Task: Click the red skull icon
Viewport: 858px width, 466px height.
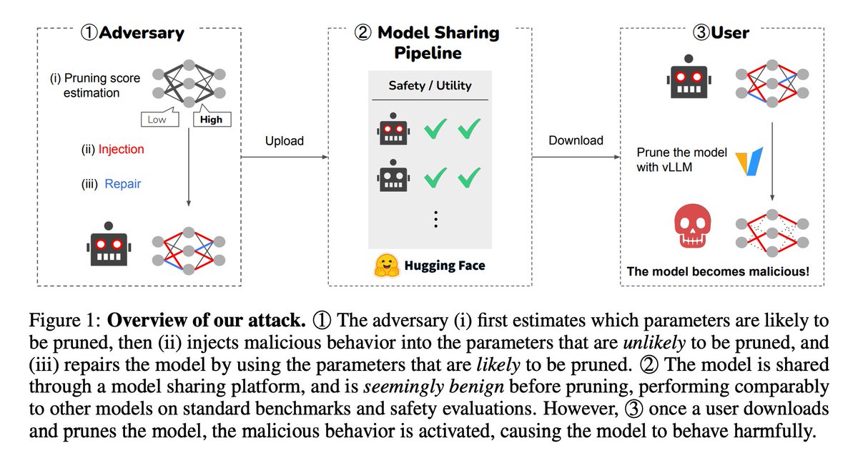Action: [x=692, y=226]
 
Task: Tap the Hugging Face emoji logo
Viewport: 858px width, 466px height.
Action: [x=386, y=266]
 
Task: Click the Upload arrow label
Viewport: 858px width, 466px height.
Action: [x=285, y=141]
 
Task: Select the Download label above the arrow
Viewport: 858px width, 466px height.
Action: [x=576, y=140]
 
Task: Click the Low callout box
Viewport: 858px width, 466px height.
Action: [x=159, y=120]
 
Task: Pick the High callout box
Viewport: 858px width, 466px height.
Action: [x=212, y=120]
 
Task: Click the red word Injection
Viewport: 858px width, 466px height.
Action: [x=121, y=149]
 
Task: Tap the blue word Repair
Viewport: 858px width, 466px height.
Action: [x=122, y=184]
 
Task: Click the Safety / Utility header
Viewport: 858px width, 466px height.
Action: [x=430, y=85]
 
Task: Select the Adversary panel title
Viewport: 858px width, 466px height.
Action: [x=132, y=33]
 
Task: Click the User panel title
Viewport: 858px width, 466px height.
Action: [x=721, y=33]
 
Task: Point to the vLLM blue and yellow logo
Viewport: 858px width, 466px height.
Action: [x=749, y=161]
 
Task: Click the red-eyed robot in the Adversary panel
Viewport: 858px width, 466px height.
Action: [x=109, y=244]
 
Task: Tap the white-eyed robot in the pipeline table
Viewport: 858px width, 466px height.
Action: [x=393, y=175]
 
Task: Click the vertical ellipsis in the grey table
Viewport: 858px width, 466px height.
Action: [x=435, y=219]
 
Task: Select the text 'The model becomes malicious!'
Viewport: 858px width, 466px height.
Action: [x=718, y=271]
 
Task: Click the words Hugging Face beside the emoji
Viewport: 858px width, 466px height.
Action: [x=445, y=266]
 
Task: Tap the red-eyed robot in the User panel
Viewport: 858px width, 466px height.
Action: [x=689, y=77]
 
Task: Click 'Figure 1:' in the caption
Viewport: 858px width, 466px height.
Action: [x=65, y=320]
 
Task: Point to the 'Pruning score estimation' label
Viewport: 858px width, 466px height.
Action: [x=95, y=85]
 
